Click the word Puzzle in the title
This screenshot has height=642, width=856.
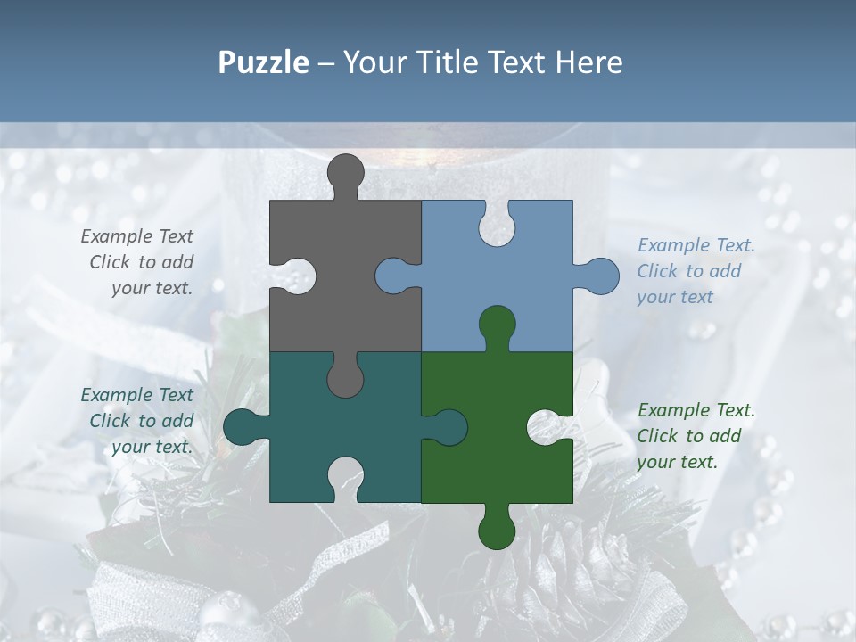263,62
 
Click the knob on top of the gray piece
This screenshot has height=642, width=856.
345,172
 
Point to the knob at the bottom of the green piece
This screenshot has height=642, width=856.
497,531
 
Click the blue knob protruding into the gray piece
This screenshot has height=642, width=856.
393,276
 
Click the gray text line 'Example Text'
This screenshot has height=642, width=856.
136,236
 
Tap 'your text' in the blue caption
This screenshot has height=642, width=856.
675,297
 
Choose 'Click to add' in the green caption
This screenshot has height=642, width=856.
688,436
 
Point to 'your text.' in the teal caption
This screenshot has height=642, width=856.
152,447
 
